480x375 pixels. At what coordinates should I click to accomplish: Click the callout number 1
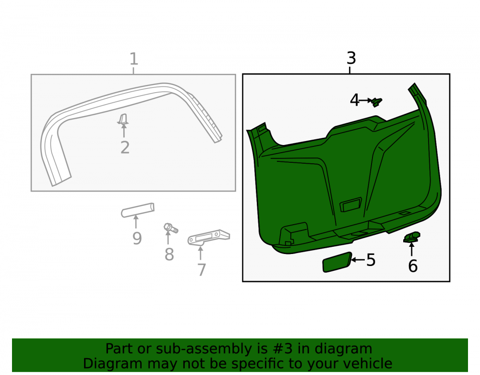point(134,59)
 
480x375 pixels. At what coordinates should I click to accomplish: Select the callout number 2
point(125,147)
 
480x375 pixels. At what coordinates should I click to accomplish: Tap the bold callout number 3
point(351,58)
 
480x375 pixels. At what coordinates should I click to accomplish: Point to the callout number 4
point(355,100)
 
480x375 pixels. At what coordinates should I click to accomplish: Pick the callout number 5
point(371,260)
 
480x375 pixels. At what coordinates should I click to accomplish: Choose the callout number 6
point(413,266)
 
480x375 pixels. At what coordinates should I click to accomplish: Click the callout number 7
point(202,270)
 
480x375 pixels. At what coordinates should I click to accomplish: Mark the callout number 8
point(169,254)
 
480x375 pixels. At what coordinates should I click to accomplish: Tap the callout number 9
point(137,239)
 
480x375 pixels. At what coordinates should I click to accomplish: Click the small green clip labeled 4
point(376,102)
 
